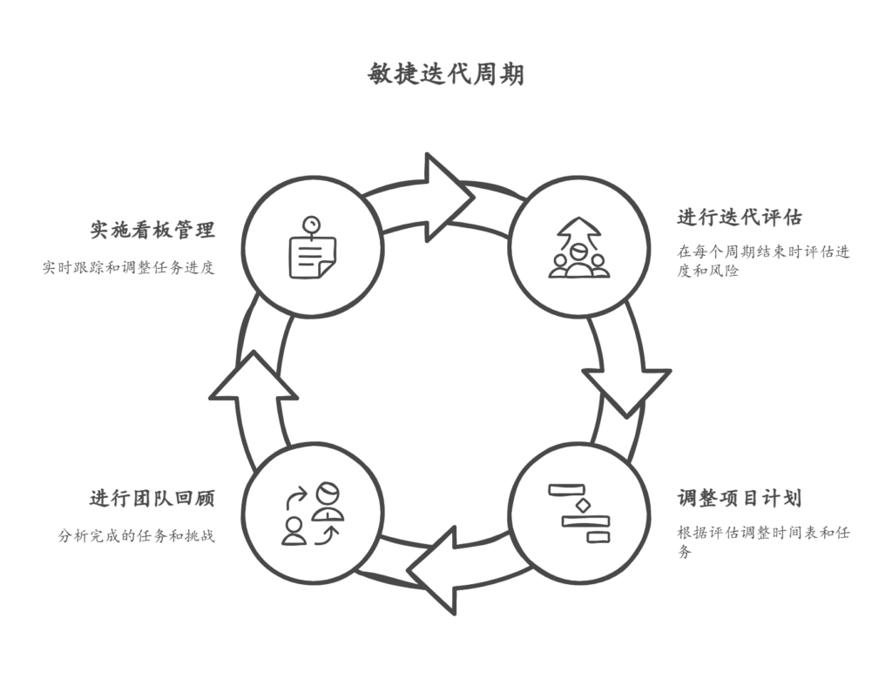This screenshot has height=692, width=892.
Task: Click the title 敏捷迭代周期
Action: (x=446, y=75)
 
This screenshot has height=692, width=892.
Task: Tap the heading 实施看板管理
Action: (x=152, y=230)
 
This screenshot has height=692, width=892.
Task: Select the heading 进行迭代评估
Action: (x=740, y=217)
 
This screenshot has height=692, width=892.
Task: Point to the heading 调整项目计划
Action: (x=740, y=499)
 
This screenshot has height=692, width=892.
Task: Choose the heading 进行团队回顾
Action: (x=152, y=499)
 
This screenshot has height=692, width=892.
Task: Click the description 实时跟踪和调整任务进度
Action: (x=129, y=268)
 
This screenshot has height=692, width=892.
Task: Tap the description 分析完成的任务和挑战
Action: (x=137, y=536)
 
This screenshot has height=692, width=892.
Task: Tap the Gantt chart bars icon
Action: (x=579, y=514)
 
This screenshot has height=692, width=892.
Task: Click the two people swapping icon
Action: (x=313, y=514)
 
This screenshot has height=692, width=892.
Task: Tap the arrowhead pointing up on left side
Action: (x=253, y=379)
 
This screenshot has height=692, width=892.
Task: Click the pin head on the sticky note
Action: (x=310, y=223)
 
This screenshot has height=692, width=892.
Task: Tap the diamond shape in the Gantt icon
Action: (x=579, y=505)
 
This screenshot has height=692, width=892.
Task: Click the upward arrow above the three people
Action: (x=579, y=232)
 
